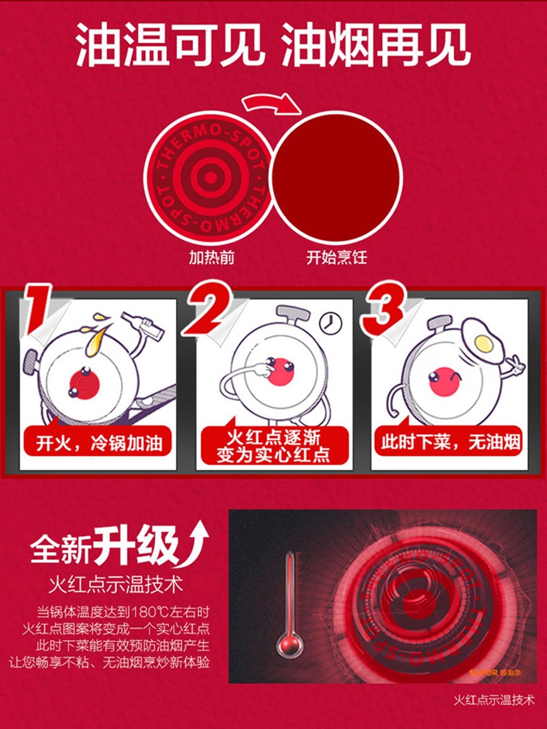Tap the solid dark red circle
[337, 177]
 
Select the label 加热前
[212, 258]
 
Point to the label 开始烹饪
[337, 258]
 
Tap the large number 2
[208, 308]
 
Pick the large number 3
[384, 308]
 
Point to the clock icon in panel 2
[330, 323]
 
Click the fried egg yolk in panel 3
[484, 343]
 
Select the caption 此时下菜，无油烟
[450, 442]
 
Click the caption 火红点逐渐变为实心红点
[273, 446]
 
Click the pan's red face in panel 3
[444, 381]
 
